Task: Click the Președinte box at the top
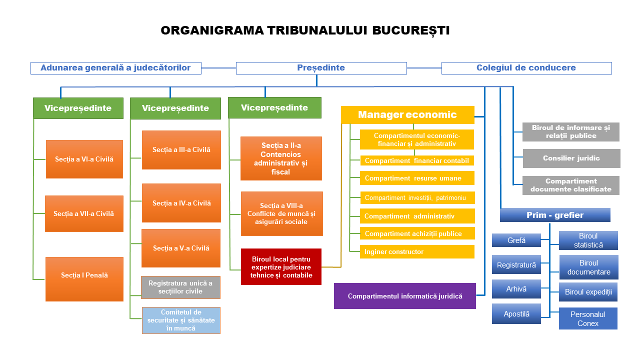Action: coord(321,68)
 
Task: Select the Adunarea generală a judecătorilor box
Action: coord(116,68)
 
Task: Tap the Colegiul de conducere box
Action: coord(526,68)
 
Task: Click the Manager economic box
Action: coord(407,115)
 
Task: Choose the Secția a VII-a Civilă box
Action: coord(84,213)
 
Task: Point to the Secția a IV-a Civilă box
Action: coord(181,203)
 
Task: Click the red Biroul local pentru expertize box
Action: coord(281,267)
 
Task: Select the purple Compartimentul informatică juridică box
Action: coord(405,296)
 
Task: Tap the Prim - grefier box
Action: coord(555,215)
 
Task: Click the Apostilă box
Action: coord(516,314)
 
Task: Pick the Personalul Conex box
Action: coord(588,318)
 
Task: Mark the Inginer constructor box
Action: coord(417,252)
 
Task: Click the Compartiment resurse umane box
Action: coord(417,178)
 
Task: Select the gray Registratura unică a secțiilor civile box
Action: coord(181,287)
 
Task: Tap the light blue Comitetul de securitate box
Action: coord(181,320)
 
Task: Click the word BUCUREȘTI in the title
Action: coord(411,30)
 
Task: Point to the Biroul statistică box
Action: coord(588,240)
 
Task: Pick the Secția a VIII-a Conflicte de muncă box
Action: coord(281,213)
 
